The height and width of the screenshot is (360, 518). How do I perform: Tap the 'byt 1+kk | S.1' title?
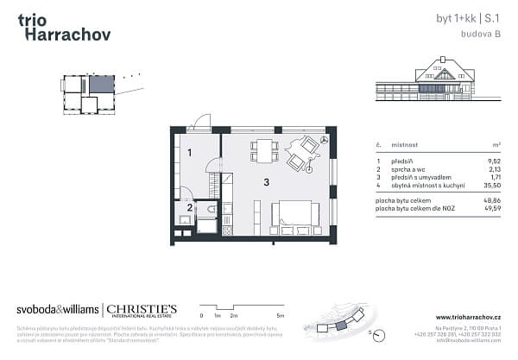pyautogui.click(x=471, y=17)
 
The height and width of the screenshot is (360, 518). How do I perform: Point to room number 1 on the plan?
pyautogui.click(x=189, y=153)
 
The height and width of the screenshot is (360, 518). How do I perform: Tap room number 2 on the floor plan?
pyautogui.click(x=189, y=206)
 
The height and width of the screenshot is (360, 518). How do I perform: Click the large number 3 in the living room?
pyautogui.click(x=267, y=181)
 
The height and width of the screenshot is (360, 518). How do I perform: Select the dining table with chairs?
pyautogui.click(x=262, y=151)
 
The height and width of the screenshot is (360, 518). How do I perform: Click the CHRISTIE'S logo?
pyautogui.click(x=142, y=310)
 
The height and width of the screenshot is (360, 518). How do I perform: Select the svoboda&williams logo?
pyautogui.click(x=57, y=310)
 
